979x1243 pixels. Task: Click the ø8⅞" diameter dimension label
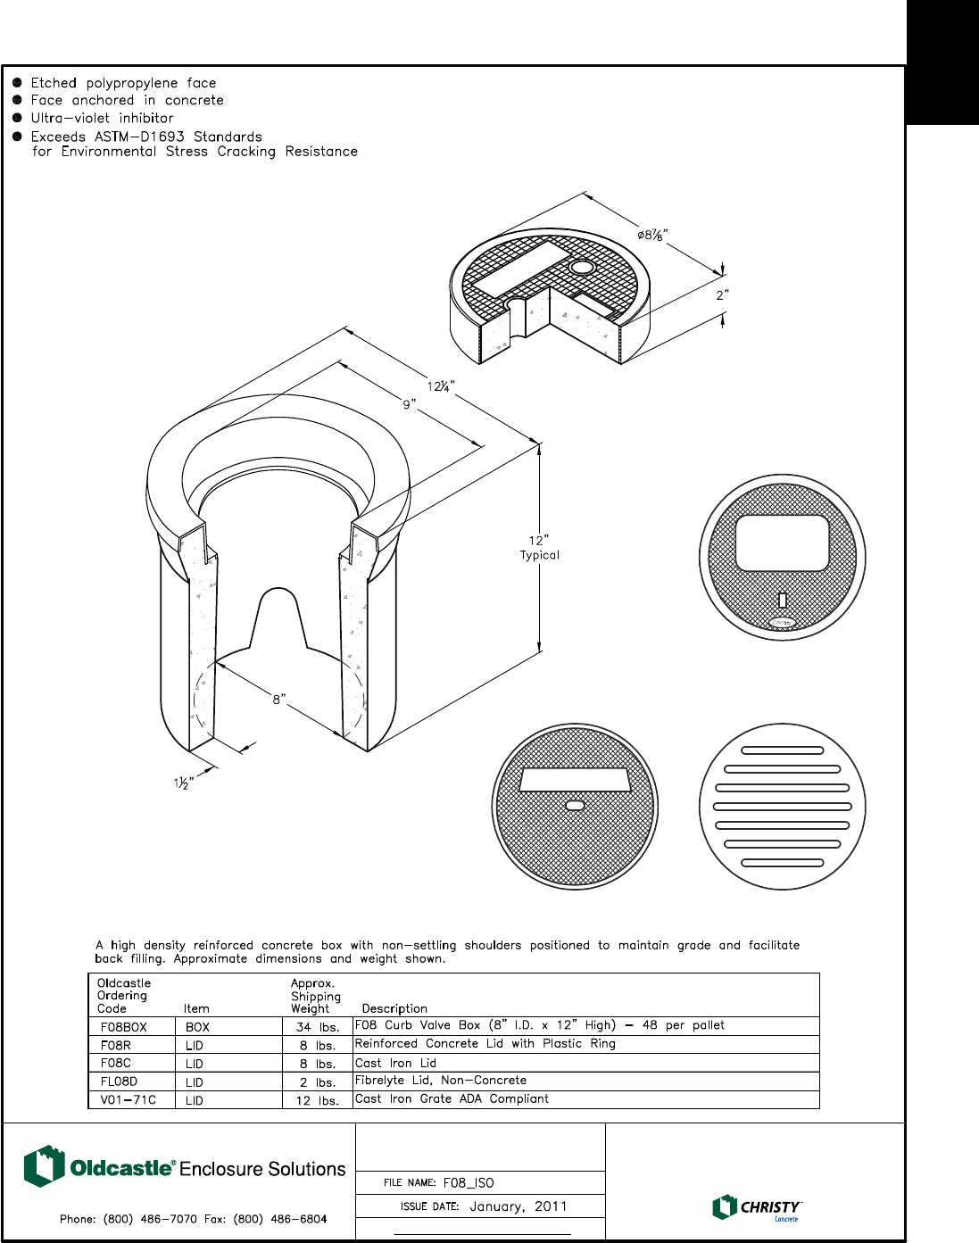[652, 236]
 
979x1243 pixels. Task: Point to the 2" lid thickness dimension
[722, 295]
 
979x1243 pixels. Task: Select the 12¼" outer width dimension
[440, 386]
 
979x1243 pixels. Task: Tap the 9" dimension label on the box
[409, 405]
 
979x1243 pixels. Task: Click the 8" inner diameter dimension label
[278, 700]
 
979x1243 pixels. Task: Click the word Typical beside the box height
[539, 555]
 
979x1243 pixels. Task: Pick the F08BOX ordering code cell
[123, 1027]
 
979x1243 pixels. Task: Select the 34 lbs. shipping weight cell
[318, 1027]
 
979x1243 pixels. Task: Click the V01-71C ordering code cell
[128, 1100]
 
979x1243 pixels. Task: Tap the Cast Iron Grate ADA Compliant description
[452, 1099]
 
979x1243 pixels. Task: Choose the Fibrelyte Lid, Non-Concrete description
[441, 1081]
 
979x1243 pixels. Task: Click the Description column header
[394, 1008]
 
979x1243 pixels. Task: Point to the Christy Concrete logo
[757, 1207]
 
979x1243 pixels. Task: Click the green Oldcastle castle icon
[44, 1166]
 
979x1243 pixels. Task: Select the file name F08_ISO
[469, 1183]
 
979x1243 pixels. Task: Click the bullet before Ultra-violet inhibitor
[17, 118]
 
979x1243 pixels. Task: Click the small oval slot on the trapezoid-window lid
[576, 806]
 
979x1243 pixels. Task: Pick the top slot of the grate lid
[783, 751]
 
